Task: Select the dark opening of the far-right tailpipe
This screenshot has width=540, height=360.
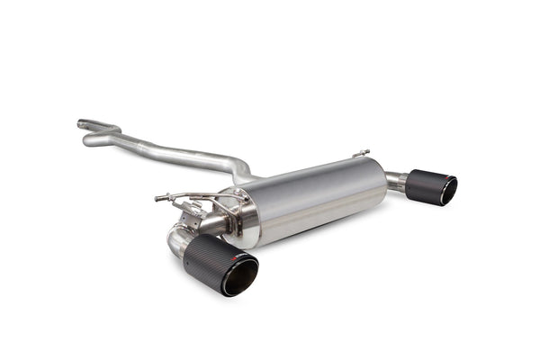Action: pos(447,191)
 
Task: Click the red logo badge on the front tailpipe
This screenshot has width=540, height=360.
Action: pos(237,258)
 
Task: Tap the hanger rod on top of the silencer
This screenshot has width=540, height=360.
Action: pos(361,154)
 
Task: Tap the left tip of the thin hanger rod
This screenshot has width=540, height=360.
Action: pos(157,197)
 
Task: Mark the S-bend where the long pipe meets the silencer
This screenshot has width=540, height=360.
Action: pos(240,168)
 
